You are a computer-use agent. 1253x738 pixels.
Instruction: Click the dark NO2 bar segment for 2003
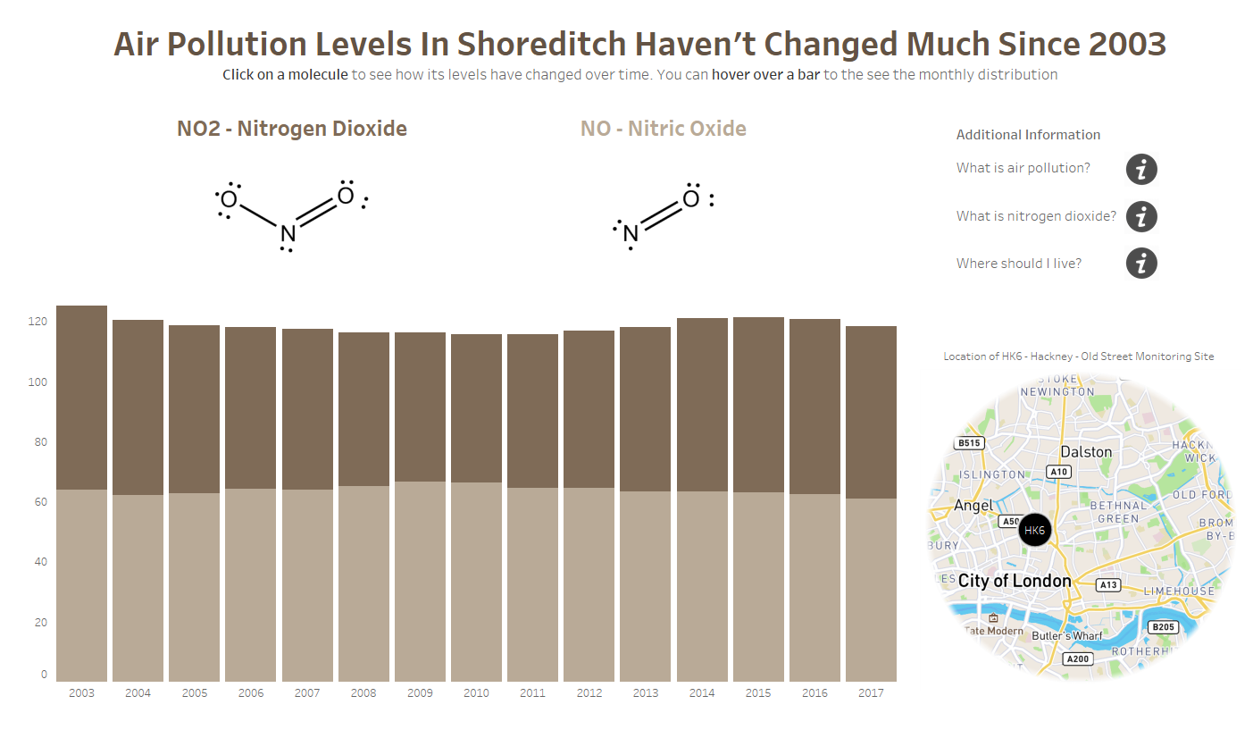(x=81, y=398)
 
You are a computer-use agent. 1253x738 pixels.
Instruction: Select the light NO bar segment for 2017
(x=871, y=590)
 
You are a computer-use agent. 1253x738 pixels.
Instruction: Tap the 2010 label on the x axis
(x=476, y=693)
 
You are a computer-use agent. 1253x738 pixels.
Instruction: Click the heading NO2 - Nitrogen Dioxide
(x=291, y=129)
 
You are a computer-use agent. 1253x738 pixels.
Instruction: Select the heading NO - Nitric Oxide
(x=663, y=129)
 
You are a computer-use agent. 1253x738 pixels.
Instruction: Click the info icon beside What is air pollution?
(x=1141, y=169)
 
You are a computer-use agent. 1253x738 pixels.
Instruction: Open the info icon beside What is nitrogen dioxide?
(x=1141, y=216)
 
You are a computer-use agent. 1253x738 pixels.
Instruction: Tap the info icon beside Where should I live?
(x=1141, y=264)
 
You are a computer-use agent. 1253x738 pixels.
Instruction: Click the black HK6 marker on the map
(x=1034, y=530)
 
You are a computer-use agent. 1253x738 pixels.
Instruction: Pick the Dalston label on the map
(x=1085, y=452)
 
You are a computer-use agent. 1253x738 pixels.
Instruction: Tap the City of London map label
(x=1015, y=581)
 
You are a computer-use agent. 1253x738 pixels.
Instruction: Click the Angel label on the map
(x=973, y=506)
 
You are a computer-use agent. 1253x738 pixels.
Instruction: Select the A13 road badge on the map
(x=1108, y=585)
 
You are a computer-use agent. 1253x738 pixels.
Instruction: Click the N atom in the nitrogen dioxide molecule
(x=287, y=234)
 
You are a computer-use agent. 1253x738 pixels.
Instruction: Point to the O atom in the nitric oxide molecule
(x=690, y=198)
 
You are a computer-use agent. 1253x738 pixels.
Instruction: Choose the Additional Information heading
(x=1028, y=135)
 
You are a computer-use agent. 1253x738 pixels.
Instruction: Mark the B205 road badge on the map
(x=1163, y=627)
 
